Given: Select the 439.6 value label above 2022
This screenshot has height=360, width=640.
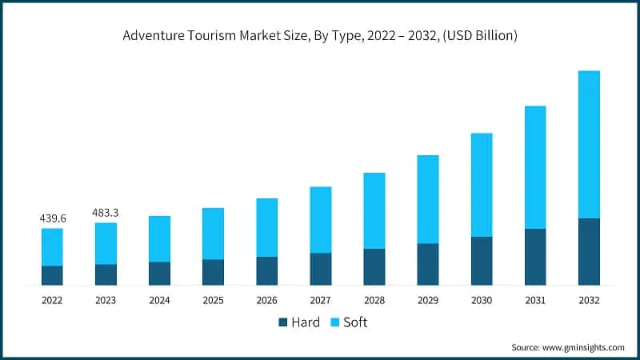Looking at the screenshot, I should [52, 218].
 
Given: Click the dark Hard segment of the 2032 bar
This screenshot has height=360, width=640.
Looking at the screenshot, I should [589, 251].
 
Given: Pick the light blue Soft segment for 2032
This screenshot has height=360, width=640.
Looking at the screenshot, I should [589, 144].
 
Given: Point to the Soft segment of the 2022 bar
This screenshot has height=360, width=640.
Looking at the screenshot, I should [52, 246].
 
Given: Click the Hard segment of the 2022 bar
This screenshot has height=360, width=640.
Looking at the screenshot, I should [52, 275].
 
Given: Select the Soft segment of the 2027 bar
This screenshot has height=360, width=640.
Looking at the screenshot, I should [320, 219].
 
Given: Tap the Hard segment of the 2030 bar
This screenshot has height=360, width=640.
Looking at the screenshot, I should [482, 261].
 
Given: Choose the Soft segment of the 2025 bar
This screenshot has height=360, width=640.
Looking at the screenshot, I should [213, 234].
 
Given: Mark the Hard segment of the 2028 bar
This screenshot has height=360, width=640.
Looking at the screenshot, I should [374, 266].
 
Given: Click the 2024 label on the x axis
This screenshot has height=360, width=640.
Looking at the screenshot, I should [159, 300].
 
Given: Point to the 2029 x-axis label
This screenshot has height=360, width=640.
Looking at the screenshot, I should [427, 300].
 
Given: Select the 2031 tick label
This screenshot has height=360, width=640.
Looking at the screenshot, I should [535, 300].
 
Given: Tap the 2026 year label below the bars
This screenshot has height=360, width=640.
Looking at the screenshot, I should [266, 300].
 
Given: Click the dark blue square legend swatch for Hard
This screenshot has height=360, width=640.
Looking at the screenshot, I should [282, 322].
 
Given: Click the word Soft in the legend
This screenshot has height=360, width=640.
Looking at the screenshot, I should [355, 322].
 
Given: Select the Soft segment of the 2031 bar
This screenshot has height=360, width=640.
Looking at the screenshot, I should [535, 167].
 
